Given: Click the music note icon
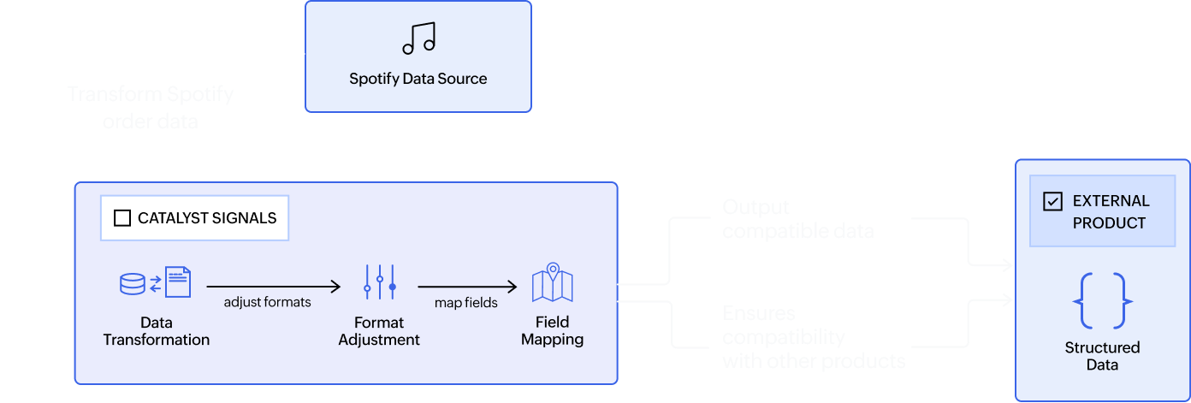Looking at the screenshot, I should point(418,38).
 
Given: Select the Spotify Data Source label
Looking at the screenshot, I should point(418,79).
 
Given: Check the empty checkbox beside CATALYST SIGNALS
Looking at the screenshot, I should point(122,218).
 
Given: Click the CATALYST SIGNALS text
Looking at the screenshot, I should point(207,218).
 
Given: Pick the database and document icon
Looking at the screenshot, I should point(155,282).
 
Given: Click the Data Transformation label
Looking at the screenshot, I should point(156,331).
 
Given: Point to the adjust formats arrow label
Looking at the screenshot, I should point(267,302).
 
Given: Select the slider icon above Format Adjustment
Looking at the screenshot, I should point(379,282).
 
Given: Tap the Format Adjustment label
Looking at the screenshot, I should point(379,331).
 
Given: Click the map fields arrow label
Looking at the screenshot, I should point(467,302).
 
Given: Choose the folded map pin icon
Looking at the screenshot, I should point(552,283).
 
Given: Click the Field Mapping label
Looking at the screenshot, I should point(552,331).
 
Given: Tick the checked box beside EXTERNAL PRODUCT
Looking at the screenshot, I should point(1052,201).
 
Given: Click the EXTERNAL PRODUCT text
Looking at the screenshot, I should point(1111,211).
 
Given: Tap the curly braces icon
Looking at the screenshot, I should point(1102,301).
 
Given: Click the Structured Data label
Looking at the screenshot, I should point(1102,356).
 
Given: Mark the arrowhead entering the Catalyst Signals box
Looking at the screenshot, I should point(68,282).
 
